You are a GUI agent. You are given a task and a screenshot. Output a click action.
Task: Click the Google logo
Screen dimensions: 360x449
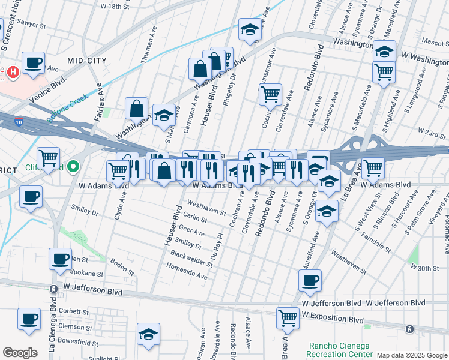(20, 353)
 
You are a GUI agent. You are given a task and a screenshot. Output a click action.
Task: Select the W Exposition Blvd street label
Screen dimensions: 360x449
(333, 320)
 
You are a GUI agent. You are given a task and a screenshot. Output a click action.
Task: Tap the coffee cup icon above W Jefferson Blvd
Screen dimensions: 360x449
(310, 280)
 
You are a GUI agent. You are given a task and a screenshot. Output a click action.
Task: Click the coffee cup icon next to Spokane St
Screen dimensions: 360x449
(59, 259)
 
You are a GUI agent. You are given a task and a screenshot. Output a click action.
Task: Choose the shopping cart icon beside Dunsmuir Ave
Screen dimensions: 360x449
(271, 94)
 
